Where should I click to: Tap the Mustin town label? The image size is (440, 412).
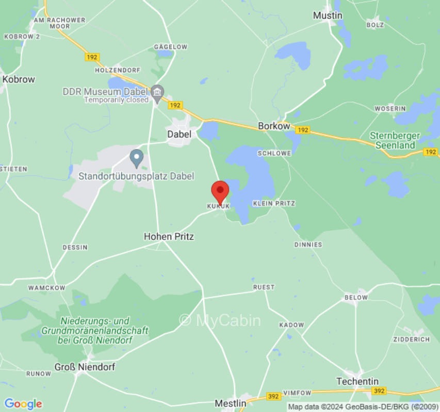(x=328, y=15)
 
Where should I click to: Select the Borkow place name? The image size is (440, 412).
(x=273, y=126)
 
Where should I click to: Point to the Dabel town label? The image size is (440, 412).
(x=179, y=134)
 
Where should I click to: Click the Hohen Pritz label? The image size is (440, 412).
(x=169, y=236)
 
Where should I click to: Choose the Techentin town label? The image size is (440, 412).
(x=357, y=381)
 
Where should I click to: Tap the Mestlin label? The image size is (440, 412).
(x=227, y=403)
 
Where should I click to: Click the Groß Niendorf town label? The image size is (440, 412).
(x=85, y=367)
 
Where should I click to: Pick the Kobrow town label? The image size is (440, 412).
(x=19, y=79)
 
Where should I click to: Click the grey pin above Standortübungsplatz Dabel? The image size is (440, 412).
(x=136, y=157)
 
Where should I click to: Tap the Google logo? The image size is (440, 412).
(x=23, y=404)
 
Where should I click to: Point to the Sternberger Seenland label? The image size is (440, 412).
(x=395, y=140)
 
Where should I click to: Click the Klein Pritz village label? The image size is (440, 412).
(x=273, y=203)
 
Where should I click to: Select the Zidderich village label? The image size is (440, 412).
(x=411, y=340)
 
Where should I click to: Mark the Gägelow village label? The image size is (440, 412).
(x=170, y=47)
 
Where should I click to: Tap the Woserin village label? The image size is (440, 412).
(x=390, y=109)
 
